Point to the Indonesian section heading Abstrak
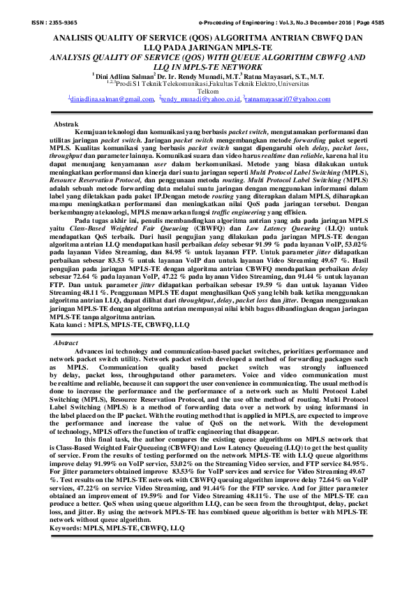point(66,123)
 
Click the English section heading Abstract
point(66,344)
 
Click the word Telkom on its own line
point(208,92)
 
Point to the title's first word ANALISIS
point(75,39)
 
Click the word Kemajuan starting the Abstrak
point(92,131)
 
